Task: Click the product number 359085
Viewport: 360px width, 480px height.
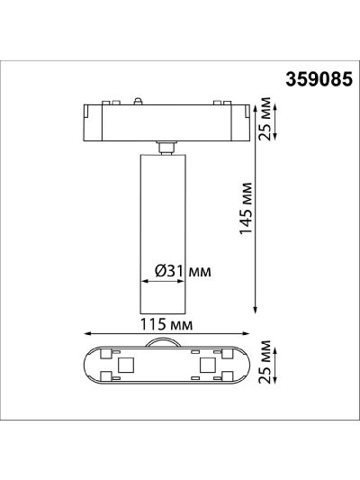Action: [319, 79]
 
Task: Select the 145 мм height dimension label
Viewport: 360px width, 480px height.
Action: [246, 209]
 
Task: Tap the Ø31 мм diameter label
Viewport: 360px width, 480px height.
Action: [183, 271]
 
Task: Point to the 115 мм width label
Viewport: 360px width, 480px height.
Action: [166, 324]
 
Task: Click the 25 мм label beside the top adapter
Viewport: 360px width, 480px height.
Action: [265, 119]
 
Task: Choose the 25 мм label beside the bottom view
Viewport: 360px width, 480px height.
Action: [265, 361]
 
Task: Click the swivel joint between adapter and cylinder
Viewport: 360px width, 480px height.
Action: [166, 148]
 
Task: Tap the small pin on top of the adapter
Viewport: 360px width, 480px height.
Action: [138, 102]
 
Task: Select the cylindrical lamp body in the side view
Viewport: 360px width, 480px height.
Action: [163, 234]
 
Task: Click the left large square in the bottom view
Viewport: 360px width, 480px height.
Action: [126, 365]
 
